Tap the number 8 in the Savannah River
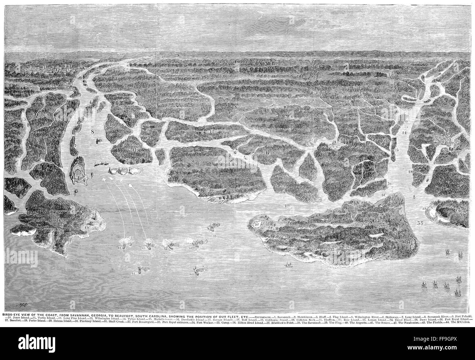92,131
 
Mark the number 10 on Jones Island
113,125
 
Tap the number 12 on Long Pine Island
212,131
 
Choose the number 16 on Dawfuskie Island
211,190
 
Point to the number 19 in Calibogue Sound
287,206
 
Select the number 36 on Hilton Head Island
341,236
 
